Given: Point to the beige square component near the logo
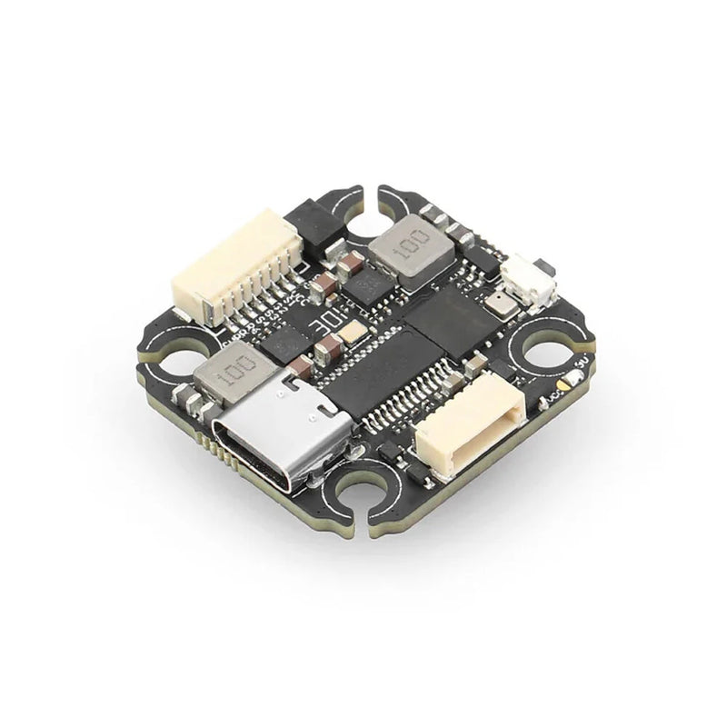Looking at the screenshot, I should click(354, 334).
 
